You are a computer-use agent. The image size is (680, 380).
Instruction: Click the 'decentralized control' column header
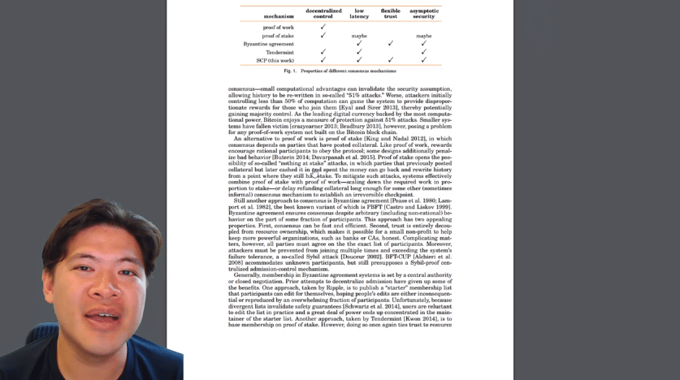pyautogui.click(x=323, y=13)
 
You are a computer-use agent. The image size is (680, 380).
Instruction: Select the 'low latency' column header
pyautogui.click(x=359, y=13)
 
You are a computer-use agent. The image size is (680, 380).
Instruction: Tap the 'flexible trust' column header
pyautogui.click(x=391, y=13)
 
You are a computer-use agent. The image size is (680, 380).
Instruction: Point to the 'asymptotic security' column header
pyautogui.click(x=424, y=13)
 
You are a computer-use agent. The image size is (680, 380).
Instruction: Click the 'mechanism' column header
pyautogui.click(x=279, y=16)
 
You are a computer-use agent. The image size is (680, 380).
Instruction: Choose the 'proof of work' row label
pyautogui.click(x=278, y=28)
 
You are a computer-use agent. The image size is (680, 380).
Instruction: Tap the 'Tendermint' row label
pyautogui.click(x=279, y=52)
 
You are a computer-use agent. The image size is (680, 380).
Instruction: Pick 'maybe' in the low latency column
pyautogui.click(x=359, y=36)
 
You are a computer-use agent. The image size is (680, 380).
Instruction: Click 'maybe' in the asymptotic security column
pyautogui.click(x=424, y=36)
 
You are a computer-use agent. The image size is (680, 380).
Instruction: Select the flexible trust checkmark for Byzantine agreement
pyautogui.click(x=391, y=44)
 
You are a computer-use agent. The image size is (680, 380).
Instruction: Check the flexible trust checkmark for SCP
pyautogui.click(x=391, y=60)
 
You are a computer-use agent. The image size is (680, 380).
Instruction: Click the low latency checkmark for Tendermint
pyautogui.click(x=359, y=52)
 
